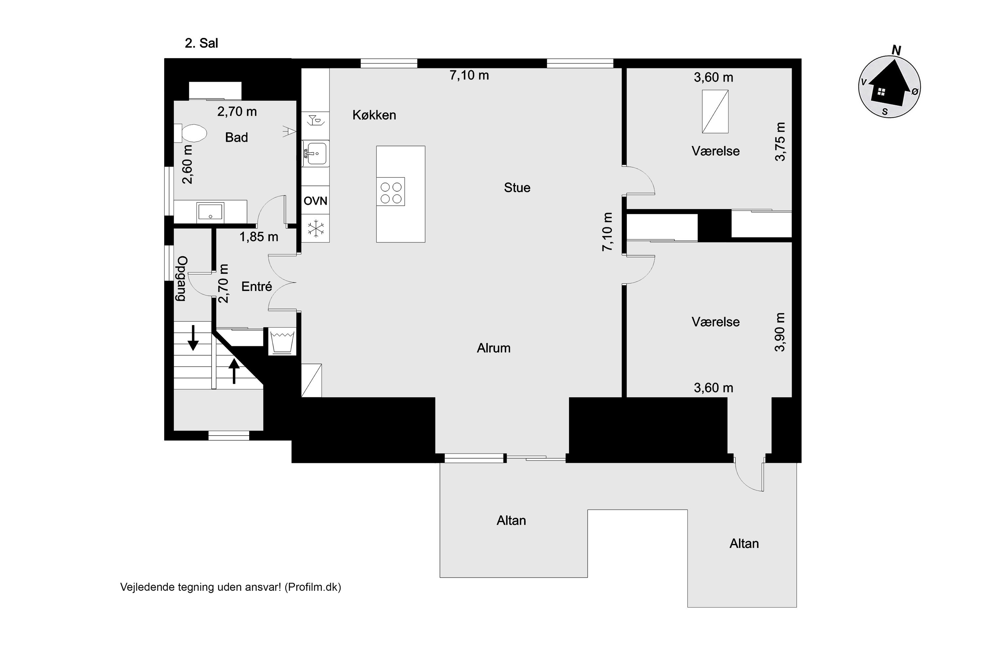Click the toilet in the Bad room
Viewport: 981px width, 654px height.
pos(191,133)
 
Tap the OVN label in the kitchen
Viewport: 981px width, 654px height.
pos(315,201)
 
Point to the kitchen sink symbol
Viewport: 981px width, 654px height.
pos(315,153)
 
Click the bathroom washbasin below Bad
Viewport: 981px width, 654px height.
pos(211,212)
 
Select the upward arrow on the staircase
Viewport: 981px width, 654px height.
pos(234,371)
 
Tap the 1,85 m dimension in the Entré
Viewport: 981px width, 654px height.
pos(259,237)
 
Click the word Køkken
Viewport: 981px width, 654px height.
pos(374,115)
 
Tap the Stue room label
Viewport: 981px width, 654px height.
pos(517,188)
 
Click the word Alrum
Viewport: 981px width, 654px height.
pos(493,348)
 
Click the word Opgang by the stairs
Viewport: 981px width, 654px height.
pos(182,279)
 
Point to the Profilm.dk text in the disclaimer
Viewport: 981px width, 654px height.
pos(313,587)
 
